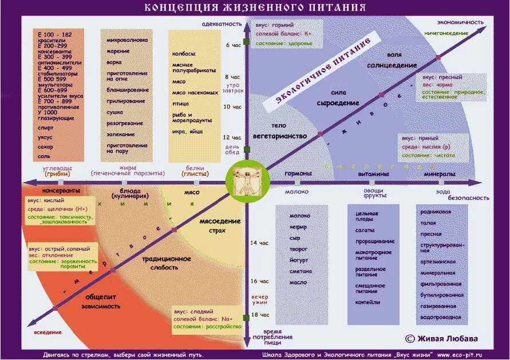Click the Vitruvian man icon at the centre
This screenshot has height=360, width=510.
click(246, 181)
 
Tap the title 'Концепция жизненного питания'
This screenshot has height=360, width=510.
click(255, 8)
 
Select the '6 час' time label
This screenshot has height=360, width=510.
click(234, 44)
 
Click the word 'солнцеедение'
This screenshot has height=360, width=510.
click(392, 65)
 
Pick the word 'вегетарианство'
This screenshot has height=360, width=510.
click(280, 136)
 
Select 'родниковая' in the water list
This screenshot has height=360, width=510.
click(437, 212)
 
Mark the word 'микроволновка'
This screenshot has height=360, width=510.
click(127, 40)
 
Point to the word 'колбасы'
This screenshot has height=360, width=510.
click(184, 53)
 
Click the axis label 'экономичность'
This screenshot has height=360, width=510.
click(460, 22)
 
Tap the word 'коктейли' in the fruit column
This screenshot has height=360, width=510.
click(367, 302)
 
